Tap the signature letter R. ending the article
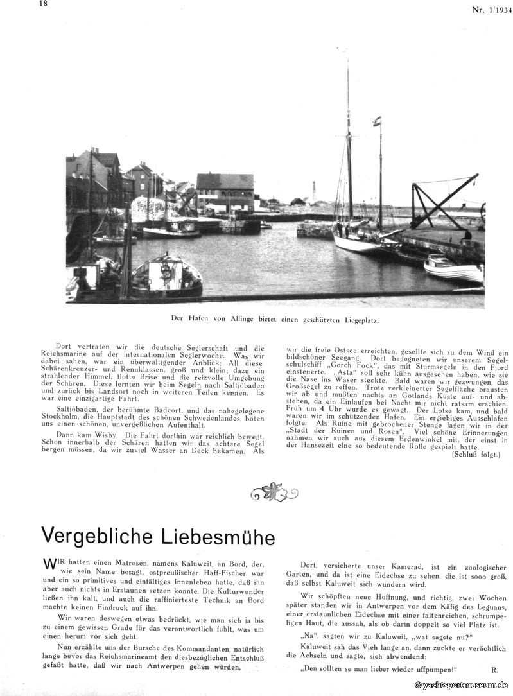pyautogui.click(x=494, y=669)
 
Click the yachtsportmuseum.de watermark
pyautogui.click(x=462, y=686)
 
